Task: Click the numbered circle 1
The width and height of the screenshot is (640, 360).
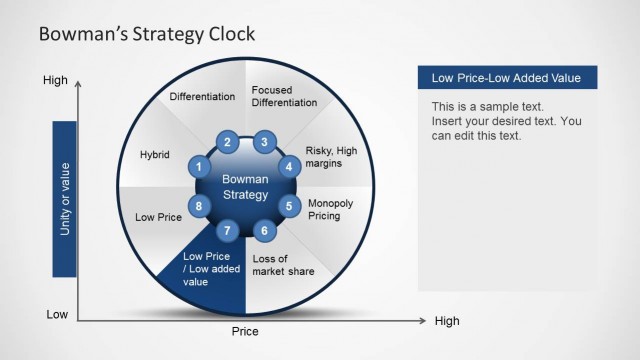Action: tap(199, 166)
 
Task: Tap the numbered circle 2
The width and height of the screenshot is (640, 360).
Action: tap(228, 142)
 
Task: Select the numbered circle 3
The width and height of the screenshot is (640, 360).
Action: tap(263, 142)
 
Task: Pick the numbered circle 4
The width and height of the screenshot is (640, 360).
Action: tap(289, 166)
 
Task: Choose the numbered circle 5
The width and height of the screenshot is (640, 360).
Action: tap(289, 207)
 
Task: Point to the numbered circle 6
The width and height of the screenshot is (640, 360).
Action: tap(264, 231)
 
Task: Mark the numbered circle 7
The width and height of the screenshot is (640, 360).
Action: tap(228, 231)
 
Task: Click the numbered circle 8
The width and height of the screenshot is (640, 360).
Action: tap(199, 207)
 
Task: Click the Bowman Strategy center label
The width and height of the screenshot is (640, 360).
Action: tap(245, 186)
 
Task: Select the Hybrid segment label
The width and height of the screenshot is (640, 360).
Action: tap(154, 155)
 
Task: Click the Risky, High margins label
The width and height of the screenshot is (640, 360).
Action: tap(331, 157)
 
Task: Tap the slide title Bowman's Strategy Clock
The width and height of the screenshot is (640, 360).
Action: tap(146, 34)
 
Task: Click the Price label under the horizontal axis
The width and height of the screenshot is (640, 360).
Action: tap(245, 331)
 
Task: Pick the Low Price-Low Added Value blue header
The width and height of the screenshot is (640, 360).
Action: tap(506, 78)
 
